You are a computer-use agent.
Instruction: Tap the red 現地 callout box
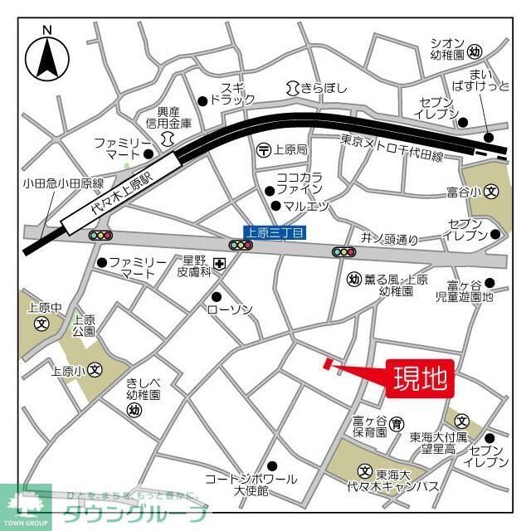coord(420,378)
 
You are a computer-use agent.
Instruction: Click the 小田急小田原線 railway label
coord(51,183)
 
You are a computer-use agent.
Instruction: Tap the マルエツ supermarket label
coord(306,206)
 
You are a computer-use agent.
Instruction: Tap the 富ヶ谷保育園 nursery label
coord(369,426)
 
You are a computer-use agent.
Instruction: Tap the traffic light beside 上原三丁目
coord(241,246)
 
